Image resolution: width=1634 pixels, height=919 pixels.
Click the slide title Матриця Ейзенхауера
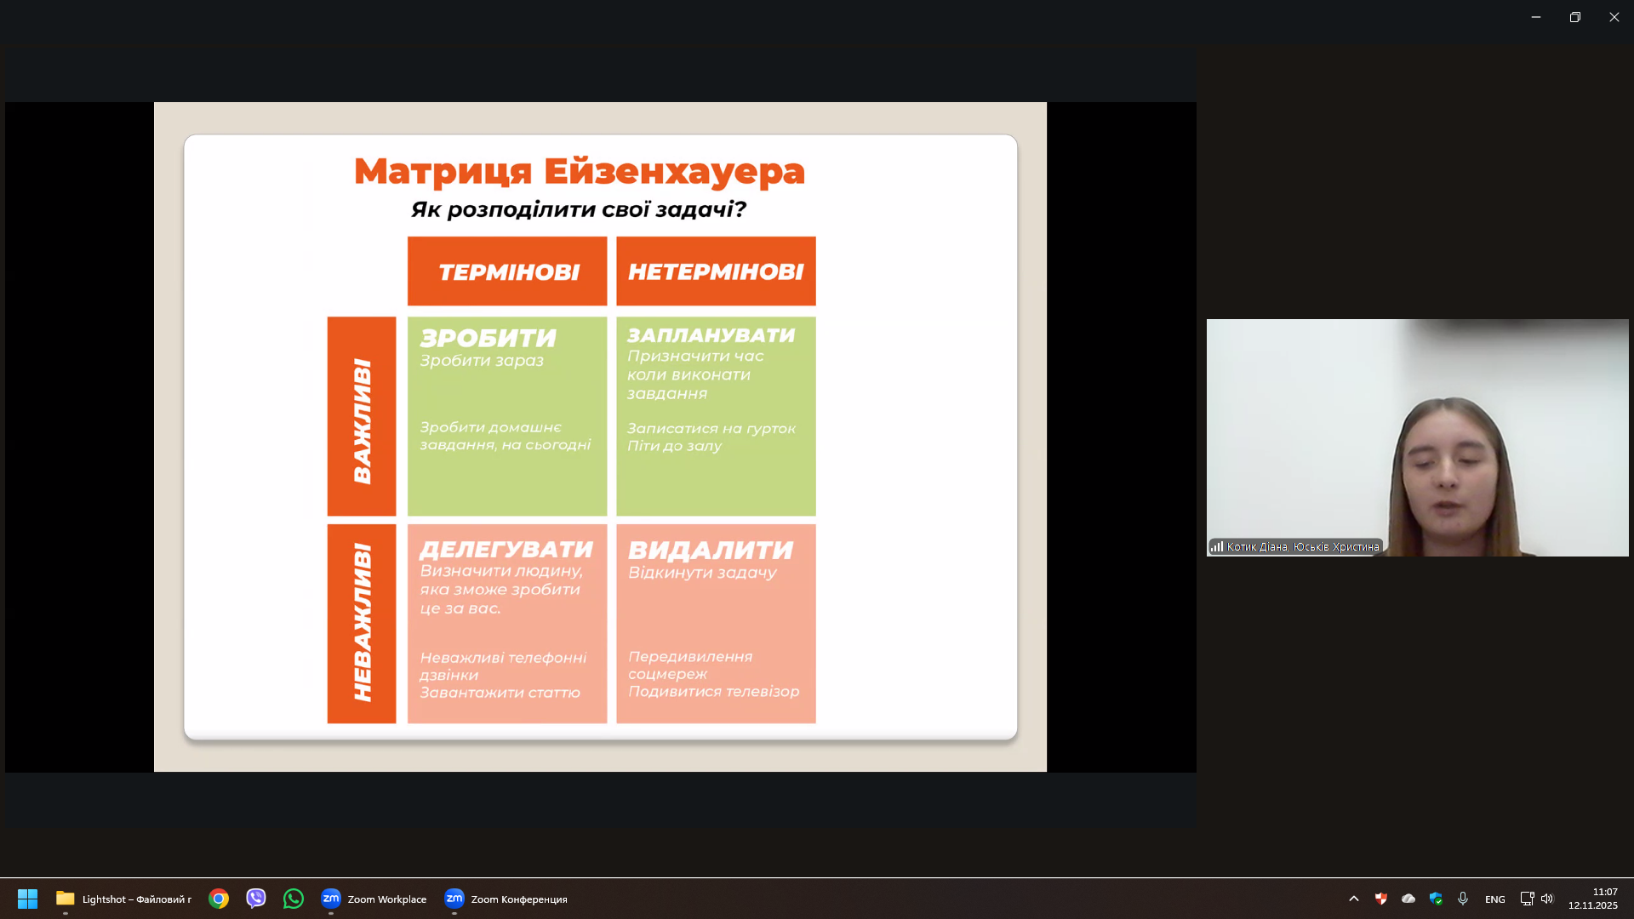pyautogui.click(x=579, y=171)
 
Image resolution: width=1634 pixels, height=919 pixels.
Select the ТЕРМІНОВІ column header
pyautogui.click(x=507, y=271)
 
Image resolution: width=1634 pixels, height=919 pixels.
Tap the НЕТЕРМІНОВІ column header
pyautogui.click(x=716, y=271)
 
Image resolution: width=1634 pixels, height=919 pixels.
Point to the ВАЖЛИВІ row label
pyautogui.click(x=362, y=417)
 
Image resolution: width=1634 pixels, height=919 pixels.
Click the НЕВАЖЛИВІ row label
pyautogui.click(x=362, y=624)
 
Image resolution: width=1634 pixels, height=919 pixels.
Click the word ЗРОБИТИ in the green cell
pyautogui.click(x=488, y=338)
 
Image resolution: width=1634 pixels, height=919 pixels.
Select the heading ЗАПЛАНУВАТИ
pyautogui.click(x=711, y=335)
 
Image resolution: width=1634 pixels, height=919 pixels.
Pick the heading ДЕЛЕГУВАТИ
pyautogui.click(x=506, y=550)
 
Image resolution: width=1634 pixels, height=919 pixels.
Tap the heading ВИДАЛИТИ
pyautogui.click(x=711, y=551)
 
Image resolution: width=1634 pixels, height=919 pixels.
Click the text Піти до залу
pyautogui.click(x=674, y=446)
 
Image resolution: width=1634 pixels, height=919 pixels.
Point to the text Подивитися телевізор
pyautogui.click(x=713, y=691)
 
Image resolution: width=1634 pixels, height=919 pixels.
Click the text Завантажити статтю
pyautogui.click(x=500, y=693)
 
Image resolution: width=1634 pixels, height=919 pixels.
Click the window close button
pyautogui.click(x=1614, y=17)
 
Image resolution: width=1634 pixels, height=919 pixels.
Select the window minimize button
pyautogui.click(x=1536, y=17)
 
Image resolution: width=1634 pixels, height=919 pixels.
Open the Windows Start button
pyautogui.click(x=27, y=899)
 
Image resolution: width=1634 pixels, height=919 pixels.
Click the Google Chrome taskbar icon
pyautogui.click(x=219, y=899)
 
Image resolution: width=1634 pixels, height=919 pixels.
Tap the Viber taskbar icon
pyautogui.click(x=256, y=899)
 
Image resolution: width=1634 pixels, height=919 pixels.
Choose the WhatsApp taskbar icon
pyautogui.click(x=294, y=899)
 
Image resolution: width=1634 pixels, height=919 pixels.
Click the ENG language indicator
pyautogui.click(x=1494, y=899)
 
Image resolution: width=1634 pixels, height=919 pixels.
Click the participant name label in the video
pyautogui.click(x=1302, y=547)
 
